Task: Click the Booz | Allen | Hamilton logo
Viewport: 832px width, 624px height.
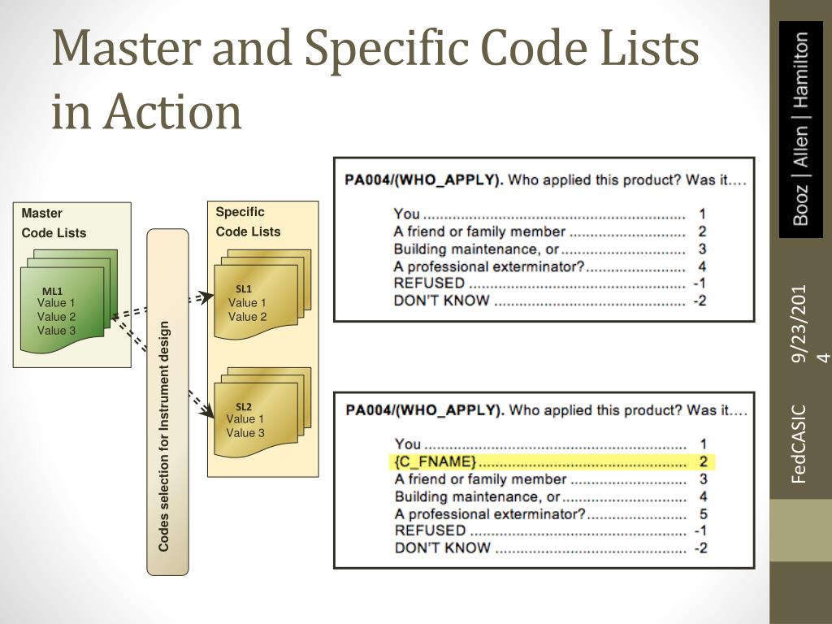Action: tap(800, 128)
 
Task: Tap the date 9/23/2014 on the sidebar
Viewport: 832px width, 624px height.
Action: tap(800, 323)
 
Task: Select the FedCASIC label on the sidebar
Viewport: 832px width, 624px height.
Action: tap(800, 444)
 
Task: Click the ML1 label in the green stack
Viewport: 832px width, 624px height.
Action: tap(53, 291)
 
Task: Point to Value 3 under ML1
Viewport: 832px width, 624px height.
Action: tap(57, 331)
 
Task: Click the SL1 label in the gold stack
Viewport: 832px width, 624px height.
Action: tap(244, 288)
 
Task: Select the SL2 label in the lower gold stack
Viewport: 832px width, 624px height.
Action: tap(244, 406)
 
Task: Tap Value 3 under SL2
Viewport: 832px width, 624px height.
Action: tap(245, 433)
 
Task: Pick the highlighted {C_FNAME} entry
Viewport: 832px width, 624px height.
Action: tap(435, 462)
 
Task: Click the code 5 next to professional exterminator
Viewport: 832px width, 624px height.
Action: tap(703, 514)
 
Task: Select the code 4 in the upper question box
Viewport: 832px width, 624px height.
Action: tap(701, 266)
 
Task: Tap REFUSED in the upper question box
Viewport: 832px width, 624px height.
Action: tap(429, 284)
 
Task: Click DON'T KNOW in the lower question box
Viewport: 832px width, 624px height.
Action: tap(442, 548)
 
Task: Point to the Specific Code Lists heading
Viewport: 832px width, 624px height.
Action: tap(248, 222)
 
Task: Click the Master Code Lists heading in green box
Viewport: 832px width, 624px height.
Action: tap(54, 223)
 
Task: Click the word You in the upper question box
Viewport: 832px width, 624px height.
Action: tap(407, 214)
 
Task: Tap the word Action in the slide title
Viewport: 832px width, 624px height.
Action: tap(171, 111)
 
